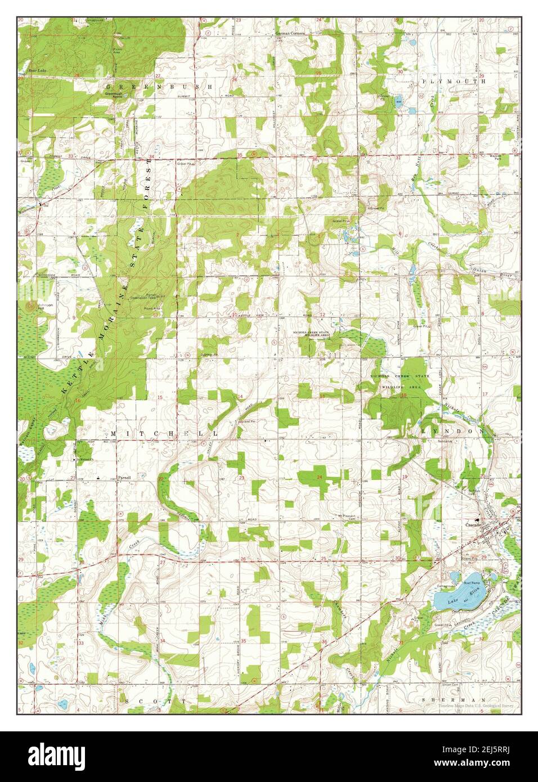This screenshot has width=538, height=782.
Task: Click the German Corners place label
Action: point(289,34)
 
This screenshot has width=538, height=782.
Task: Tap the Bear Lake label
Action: point(36,70)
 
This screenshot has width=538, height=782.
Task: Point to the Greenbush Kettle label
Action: point(118,95)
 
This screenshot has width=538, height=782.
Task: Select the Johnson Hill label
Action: point(44,307)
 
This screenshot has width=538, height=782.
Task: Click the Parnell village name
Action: point(124,477)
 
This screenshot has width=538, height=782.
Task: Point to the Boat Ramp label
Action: point(471,583)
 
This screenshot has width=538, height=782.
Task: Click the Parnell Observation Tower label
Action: point(144,296)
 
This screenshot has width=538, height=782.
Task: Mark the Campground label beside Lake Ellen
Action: point(445,586)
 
